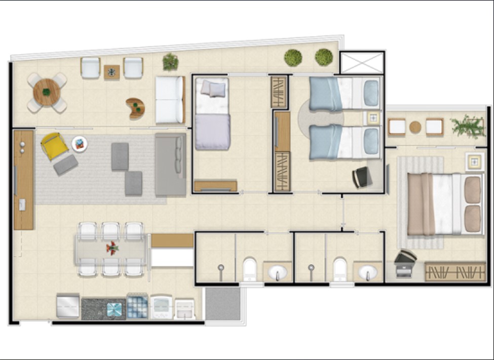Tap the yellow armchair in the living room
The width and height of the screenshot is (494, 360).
[x=54, y=145]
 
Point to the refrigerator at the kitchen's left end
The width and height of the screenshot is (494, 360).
[x=67, y=306]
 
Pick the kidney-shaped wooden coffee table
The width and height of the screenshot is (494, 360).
[x=136, y=108]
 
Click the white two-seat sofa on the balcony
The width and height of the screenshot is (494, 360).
[x=169, y=100]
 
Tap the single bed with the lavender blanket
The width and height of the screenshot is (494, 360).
[x=212, y=114]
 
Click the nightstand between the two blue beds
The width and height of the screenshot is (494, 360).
[x=373, y=118]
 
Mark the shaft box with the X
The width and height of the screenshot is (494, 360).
[x=362, y=63]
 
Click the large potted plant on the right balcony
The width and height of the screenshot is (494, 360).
[x=468, y=126]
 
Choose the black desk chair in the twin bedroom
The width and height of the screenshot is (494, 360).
[x=362, y=177]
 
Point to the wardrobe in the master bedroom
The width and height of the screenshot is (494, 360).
[x=454, y=272]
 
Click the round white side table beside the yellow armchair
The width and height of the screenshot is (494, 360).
[x=80, y=144]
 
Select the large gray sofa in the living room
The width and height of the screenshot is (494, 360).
[x=170, y=165]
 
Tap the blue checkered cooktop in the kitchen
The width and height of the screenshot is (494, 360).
[x=137, y=306]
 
